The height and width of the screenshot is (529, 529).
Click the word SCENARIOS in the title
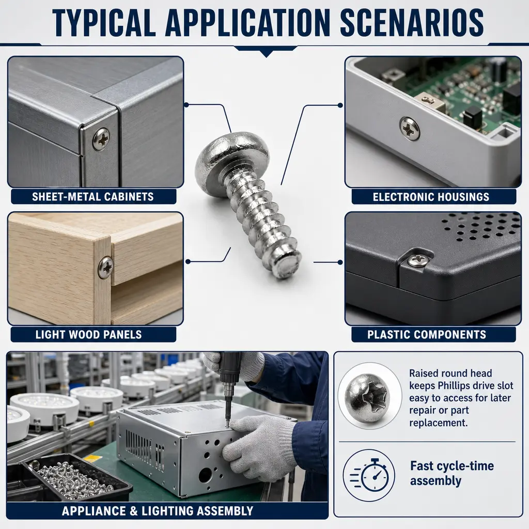click(412, 22)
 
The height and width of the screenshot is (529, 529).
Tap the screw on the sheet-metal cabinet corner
click(101, 139)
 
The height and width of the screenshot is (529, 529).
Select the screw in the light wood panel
click(106, 267)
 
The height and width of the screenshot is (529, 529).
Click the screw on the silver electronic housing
click(410, 128)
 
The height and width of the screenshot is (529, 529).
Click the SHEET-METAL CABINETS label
click(93, 197)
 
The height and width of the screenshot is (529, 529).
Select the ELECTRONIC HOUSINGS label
click(431, 197)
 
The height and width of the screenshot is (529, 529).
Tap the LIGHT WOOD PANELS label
click(89, 335)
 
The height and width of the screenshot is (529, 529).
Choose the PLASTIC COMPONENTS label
click(427, 335)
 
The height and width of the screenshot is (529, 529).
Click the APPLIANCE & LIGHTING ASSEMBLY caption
click(158, 511)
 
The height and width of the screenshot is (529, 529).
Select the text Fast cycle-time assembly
click(452, 473)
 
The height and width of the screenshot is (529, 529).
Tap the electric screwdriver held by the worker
click(229, 388)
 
